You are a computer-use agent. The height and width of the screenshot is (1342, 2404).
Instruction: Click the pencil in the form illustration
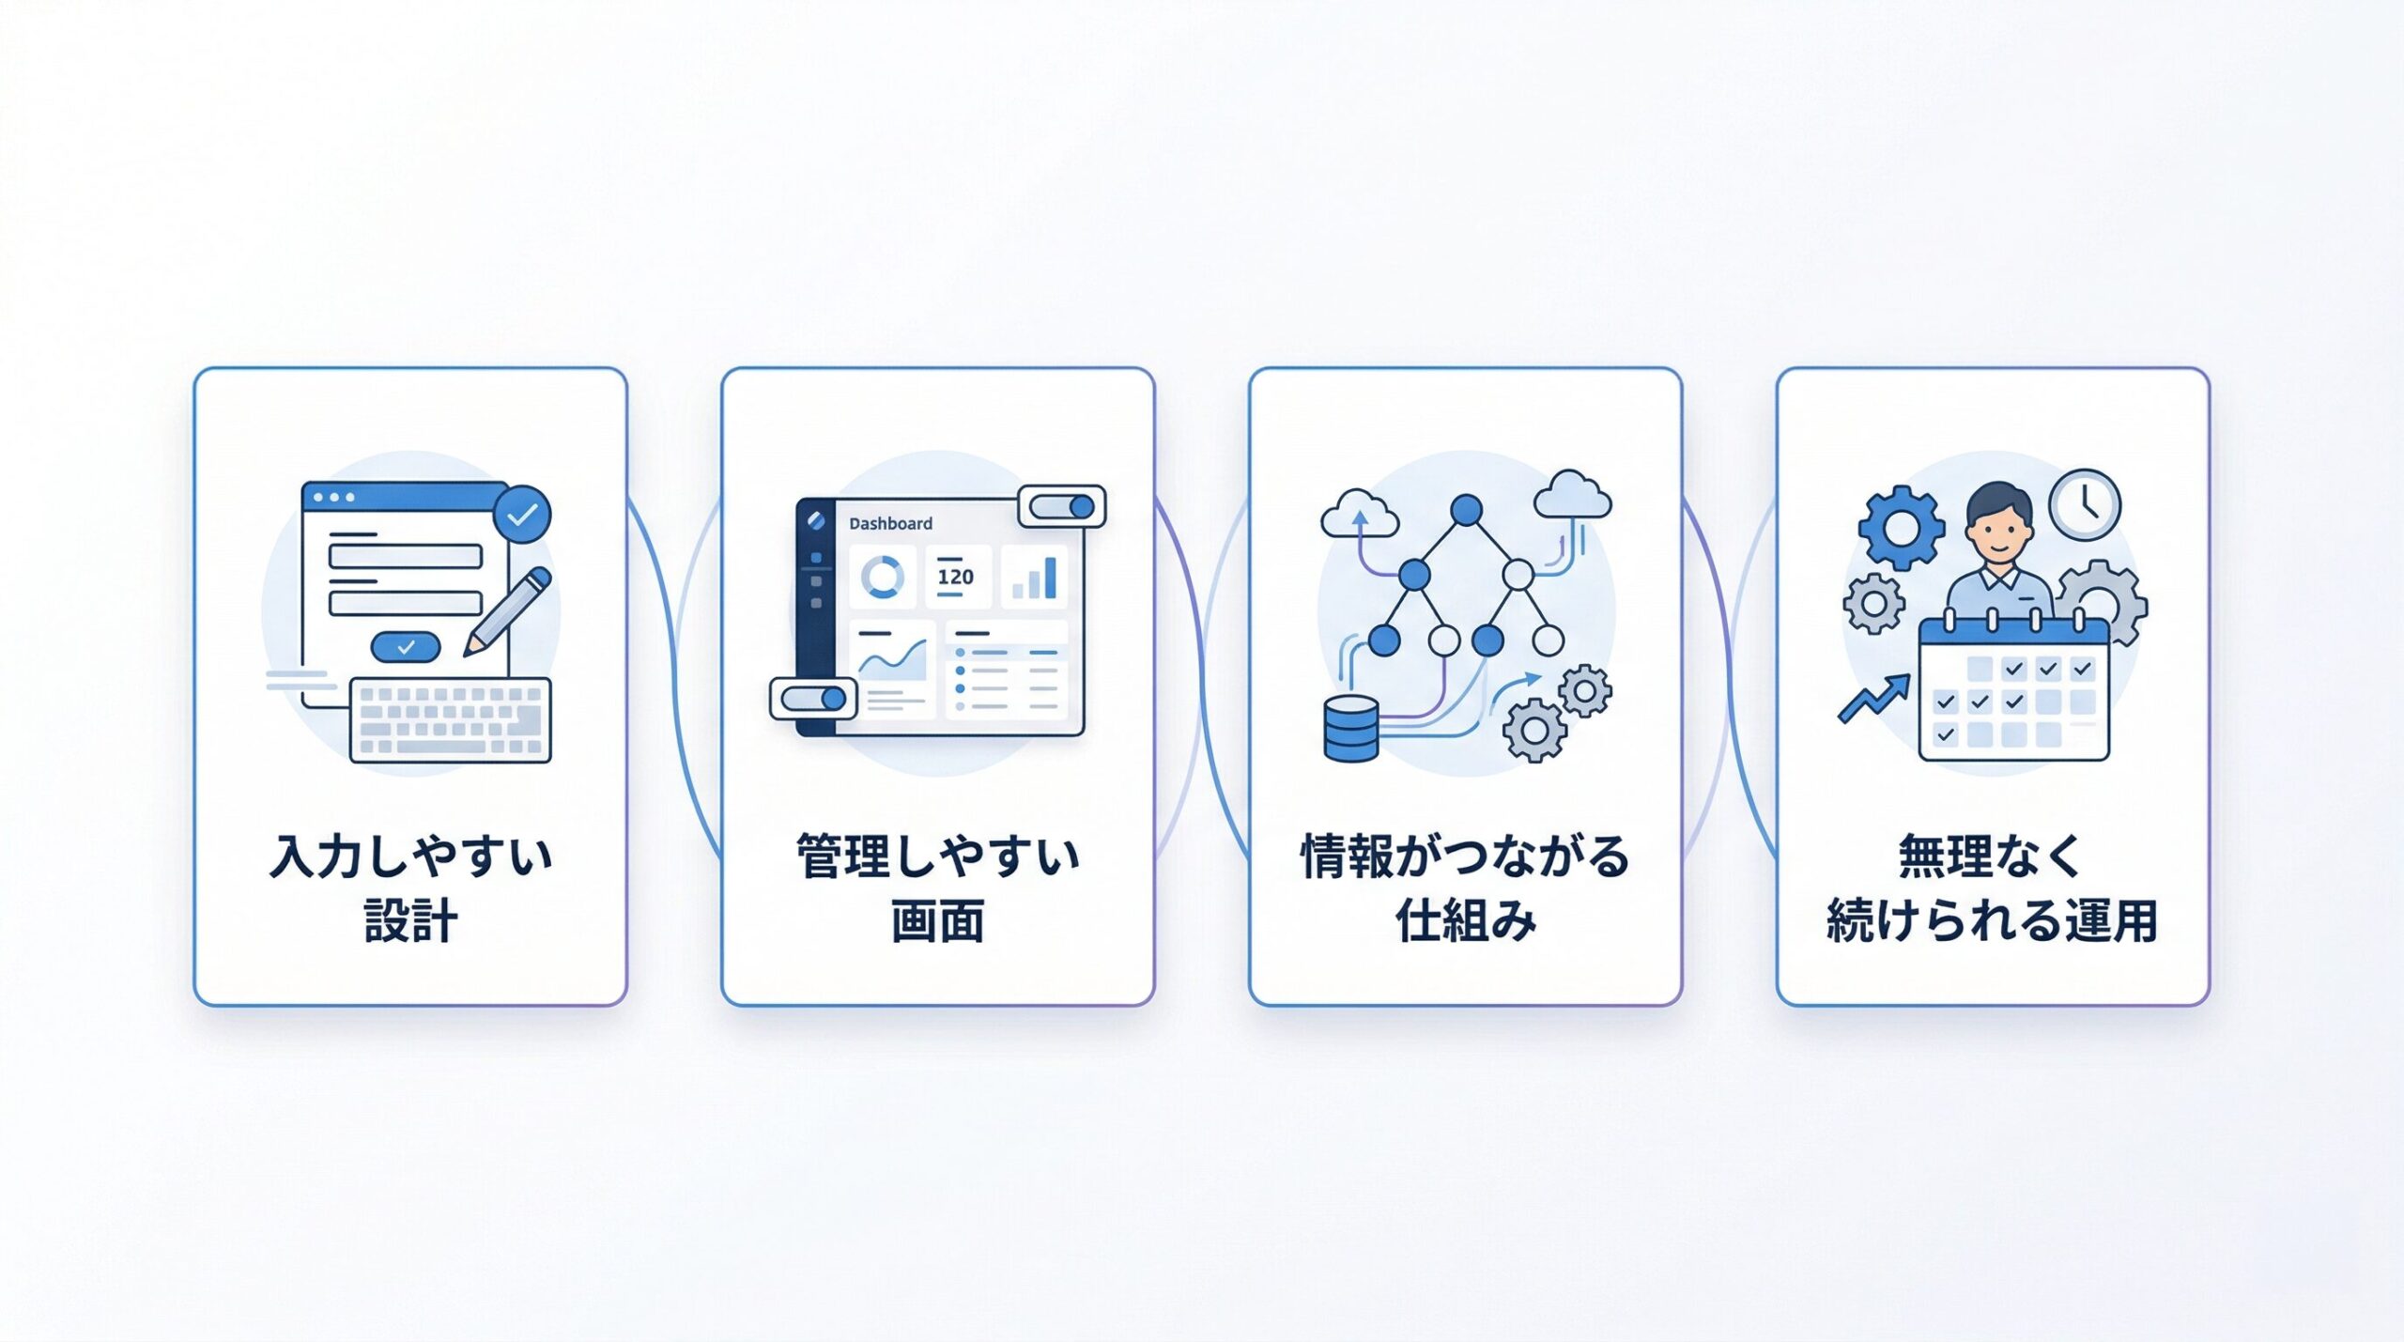pos(508,611)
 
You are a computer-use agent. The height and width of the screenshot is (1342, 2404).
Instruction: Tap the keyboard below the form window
pos(451,720)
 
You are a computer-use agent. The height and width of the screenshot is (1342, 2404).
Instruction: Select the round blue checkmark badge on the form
pos(522,514)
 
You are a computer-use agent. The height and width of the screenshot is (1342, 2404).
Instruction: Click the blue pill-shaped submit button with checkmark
pos(406,647)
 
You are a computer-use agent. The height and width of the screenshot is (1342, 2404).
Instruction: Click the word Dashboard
pos(890,524)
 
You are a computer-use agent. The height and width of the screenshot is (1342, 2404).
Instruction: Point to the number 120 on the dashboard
pos(955,577)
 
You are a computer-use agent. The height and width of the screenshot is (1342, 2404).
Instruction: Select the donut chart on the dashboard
pos(883,576)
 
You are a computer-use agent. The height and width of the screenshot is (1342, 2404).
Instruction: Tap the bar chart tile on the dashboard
pos(1035,575)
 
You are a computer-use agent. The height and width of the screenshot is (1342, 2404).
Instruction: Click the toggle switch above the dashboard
pos(1062,507)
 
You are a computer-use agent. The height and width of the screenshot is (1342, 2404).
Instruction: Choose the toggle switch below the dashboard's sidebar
pos(813,699)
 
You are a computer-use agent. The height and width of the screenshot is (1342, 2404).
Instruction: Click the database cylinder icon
pos(1351,729)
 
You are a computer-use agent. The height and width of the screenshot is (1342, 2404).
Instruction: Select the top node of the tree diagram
pos(1466,510)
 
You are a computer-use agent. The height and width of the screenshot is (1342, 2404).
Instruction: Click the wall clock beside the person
pos(2085,504)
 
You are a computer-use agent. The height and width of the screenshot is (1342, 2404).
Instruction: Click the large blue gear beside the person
pos(1902,527)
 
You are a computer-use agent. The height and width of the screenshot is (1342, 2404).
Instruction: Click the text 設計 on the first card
pos(410,920)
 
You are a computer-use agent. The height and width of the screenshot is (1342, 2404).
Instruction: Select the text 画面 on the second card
pos(937,920)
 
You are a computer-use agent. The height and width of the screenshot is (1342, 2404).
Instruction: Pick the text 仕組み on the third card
pos(1465,920)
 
